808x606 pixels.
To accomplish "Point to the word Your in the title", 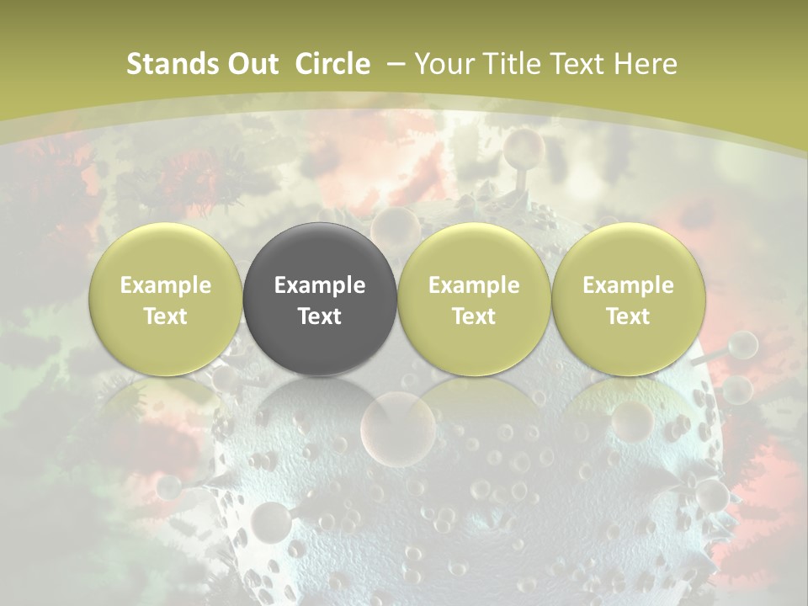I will tap(443, 64).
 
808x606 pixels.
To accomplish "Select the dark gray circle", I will tap(320, 300).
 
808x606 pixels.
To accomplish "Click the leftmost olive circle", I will tap(166, 300).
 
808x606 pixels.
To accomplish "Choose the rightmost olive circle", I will tap(628, 300).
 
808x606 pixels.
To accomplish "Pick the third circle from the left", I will tap(474, 300).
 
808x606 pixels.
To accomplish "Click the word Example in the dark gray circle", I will tap(320, 285).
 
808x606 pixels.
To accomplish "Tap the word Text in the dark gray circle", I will tap(320, 316).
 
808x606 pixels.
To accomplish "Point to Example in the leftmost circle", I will tap(166, 285).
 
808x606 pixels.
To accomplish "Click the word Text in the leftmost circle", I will tap(166, 316).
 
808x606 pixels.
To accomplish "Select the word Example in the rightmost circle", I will tap(628, 285).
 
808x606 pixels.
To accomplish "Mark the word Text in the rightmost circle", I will tap(628, 316).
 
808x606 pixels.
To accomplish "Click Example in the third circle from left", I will tap(474, 285).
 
